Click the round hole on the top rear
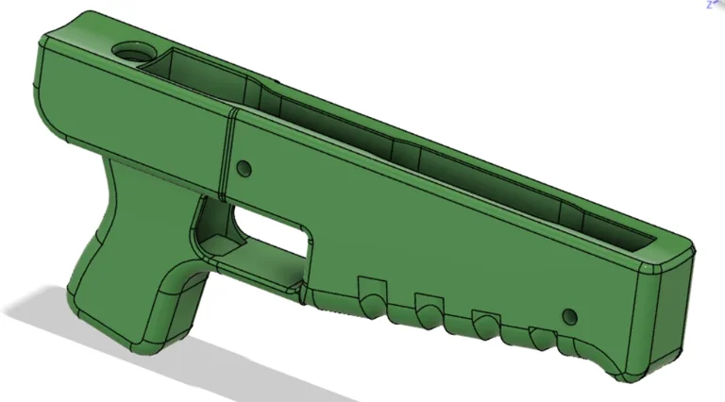129,51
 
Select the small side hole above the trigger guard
243,170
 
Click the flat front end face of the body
666,311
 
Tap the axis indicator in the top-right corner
715,5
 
